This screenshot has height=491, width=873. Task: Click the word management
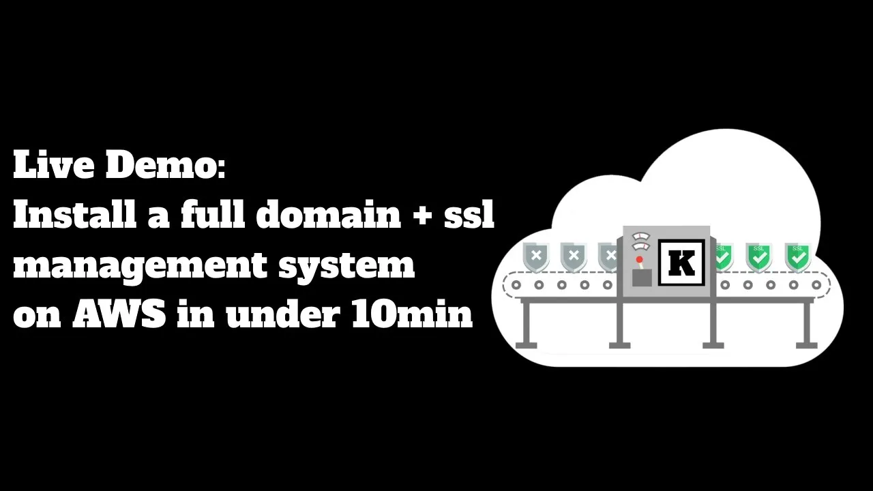tap(139, 265)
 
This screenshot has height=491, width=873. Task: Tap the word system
tap(346, 265)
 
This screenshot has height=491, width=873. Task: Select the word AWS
tap(119, 314)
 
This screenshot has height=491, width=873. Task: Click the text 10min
tap(412, 314)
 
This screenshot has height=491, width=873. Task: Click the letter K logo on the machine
tap(681, 263)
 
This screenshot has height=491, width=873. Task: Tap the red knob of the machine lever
tap(640, 260)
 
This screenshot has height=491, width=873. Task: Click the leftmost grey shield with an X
tap(536, 256)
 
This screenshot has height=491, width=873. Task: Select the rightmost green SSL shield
tap(797, 256)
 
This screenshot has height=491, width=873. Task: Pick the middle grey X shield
tap(574, 256)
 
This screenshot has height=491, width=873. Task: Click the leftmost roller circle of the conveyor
tap(516, 285)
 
